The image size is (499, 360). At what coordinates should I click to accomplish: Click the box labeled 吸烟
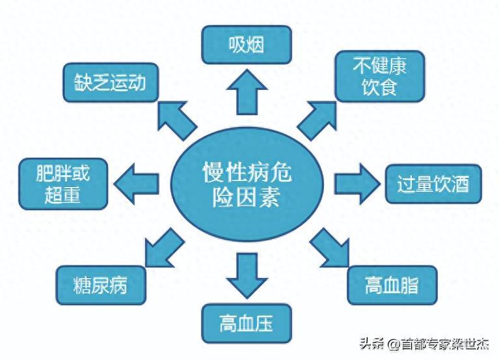(245, 44)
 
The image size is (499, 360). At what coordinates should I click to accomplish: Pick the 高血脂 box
(391, 284)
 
